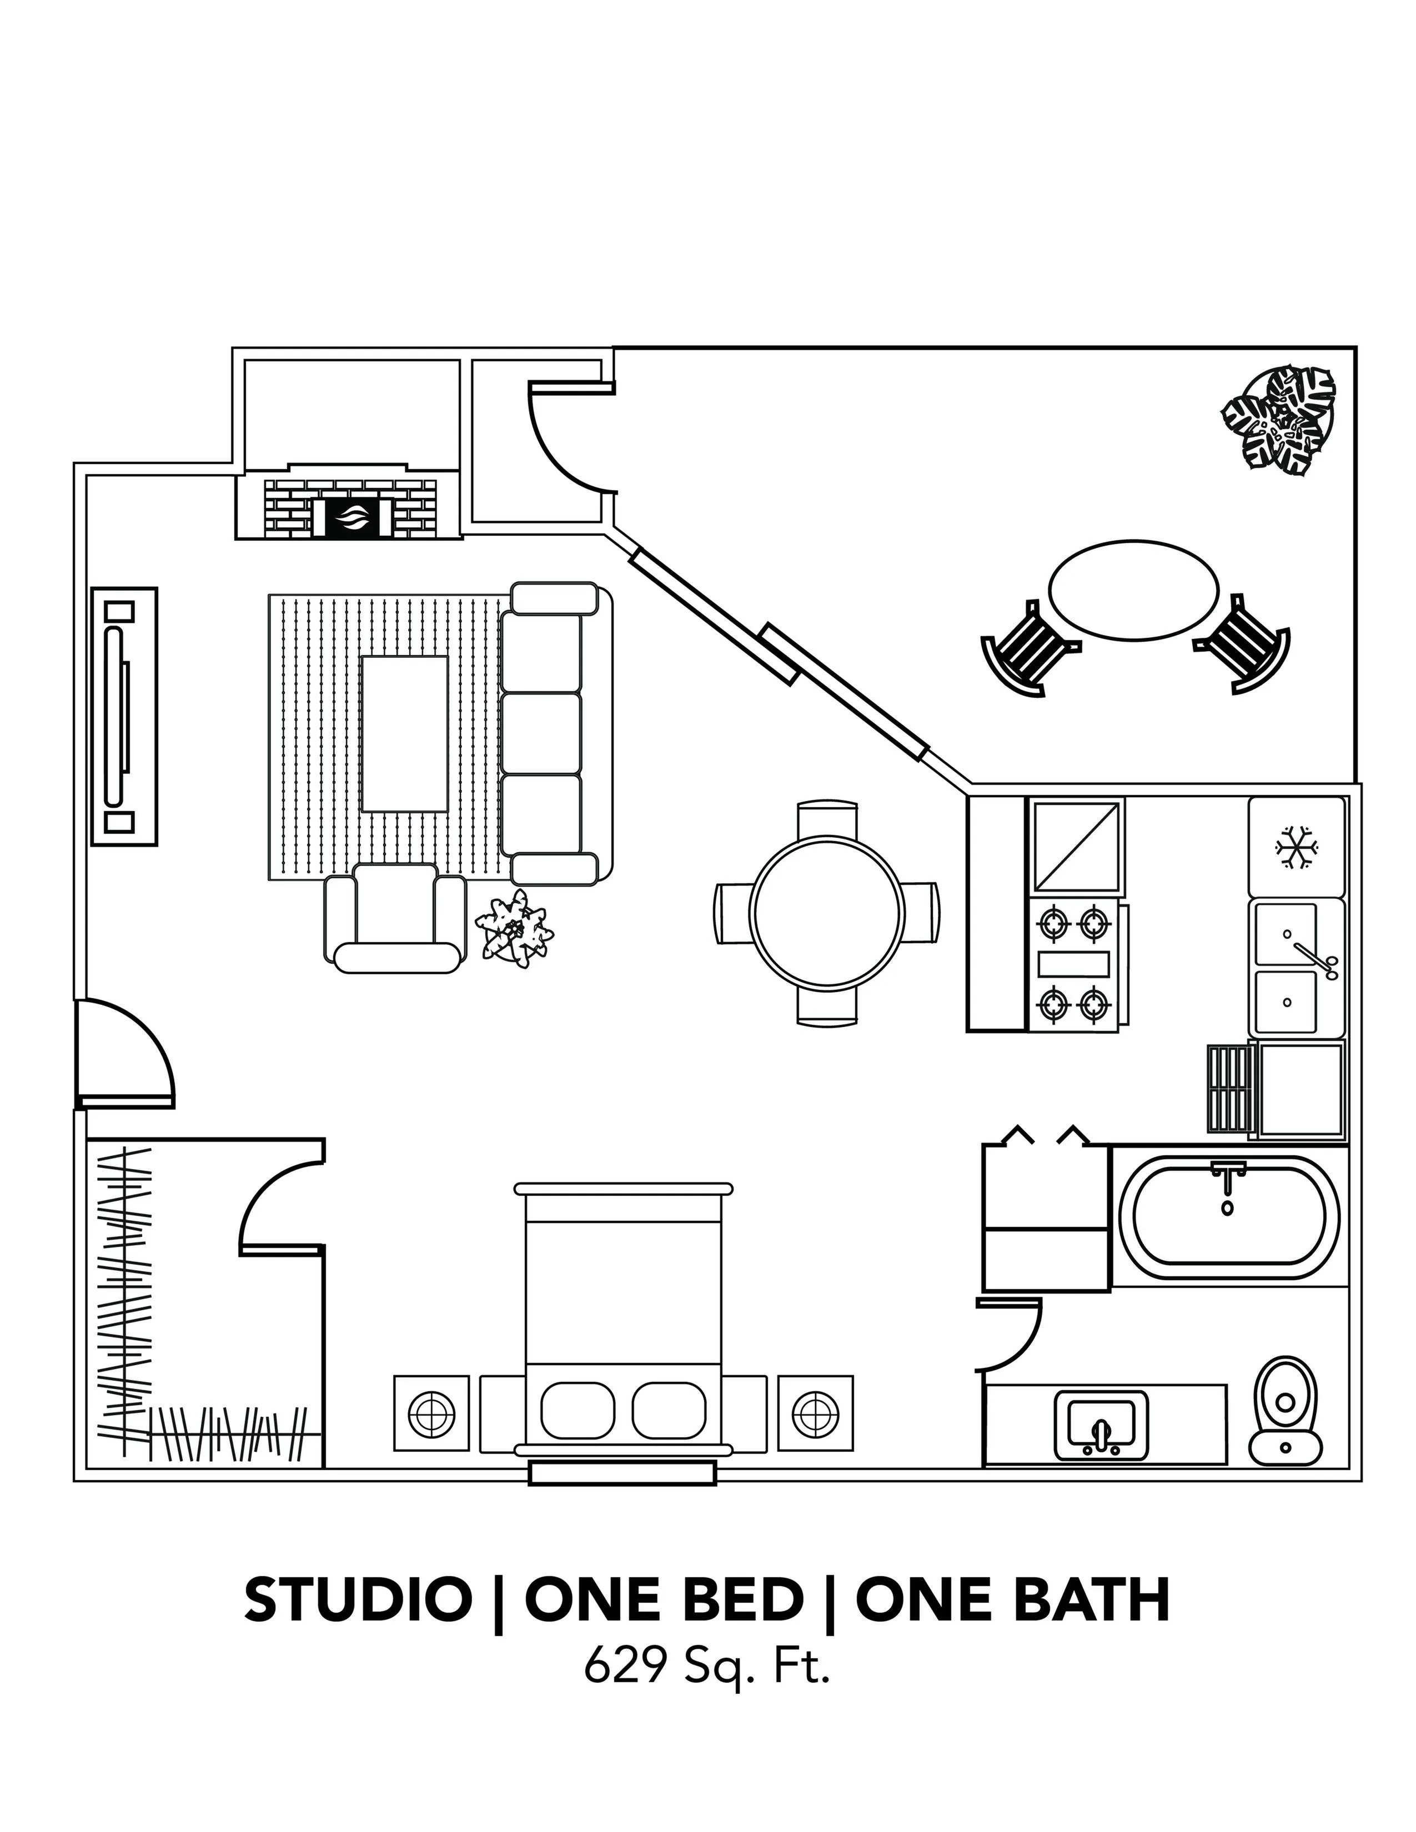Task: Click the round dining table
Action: click(827, 913)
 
